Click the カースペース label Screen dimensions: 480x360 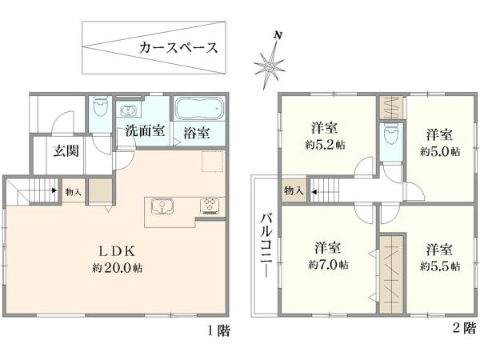(178, 48)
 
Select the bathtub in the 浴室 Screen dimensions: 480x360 (199, 109)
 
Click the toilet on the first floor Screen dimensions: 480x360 (101, 107)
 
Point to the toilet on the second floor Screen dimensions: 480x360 (391, 134)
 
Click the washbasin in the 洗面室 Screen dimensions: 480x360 (129, 111)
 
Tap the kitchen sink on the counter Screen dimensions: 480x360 (162, 206)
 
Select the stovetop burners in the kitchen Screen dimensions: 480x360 (210, 206)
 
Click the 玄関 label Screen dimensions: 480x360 (66, 151)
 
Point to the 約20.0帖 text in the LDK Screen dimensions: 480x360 (118, 268)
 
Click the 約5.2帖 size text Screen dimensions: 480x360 (325, 145)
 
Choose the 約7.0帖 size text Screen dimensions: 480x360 (328, 265)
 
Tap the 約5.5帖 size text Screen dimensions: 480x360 (440, 266)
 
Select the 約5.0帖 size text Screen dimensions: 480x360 (440, 151)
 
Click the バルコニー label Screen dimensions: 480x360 (266, 246)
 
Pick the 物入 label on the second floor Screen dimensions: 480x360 (294, 190)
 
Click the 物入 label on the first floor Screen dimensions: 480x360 (73, 192)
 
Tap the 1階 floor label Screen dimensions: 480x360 (218, 331)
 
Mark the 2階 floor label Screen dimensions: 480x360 (465, 328)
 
